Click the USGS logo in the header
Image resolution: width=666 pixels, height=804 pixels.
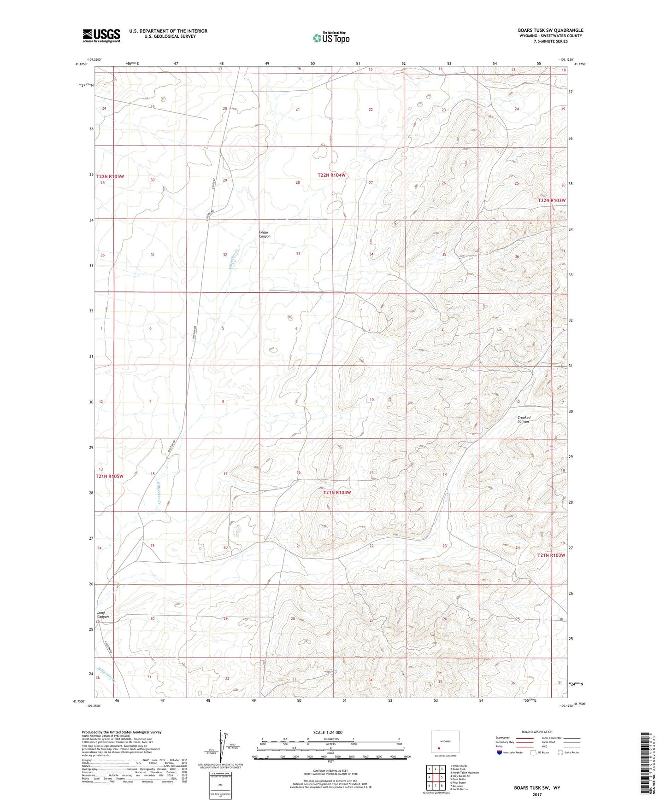101,35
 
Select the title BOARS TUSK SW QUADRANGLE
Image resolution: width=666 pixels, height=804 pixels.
550,30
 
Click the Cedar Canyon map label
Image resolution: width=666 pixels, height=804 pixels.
265,234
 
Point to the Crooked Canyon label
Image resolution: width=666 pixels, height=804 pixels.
524,419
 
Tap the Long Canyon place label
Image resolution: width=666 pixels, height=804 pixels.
103,615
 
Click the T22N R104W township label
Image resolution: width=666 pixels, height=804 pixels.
331,175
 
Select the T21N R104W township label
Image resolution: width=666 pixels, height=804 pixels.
337,493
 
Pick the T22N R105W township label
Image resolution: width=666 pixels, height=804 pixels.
110,176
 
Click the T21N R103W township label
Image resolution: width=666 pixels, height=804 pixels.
551,555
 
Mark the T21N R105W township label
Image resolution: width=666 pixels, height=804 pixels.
110,477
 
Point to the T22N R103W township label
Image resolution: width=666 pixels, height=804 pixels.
552,201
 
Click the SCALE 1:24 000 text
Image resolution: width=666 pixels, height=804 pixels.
328,733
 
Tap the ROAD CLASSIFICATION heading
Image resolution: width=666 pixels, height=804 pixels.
537,732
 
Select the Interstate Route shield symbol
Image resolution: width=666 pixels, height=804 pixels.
500,753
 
